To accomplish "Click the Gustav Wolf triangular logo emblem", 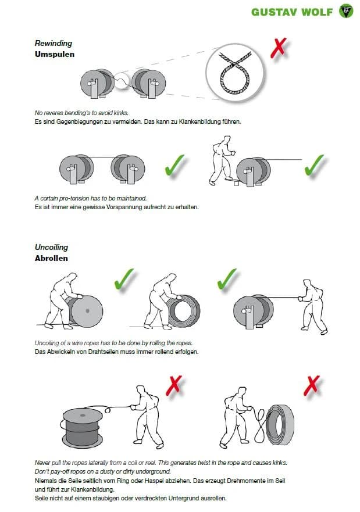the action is pos(346,11).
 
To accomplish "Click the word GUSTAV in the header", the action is pos(274,12).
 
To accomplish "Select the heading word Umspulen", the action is pos(55,54).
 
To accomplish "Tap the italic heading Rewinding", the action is pos(54,43).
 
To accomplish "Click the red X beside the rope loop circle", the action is pos(279,48).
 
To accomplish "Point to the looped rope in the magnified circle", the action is pos(234,74).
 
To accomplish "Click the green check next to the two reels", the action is pos(175,165).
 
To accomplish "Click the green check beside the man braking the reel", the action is pos(314,165).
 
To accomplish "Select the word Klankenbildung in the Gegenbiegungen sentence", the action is pos(200,122).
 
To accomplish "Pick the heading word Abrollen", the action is pos(51,258).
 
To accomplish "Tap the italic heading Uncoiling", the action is pos(51,247).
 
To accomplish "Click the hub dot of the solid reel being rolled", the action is pos(87,311).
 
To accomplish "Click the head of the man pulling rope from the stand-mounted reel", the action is pos(306,284).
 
